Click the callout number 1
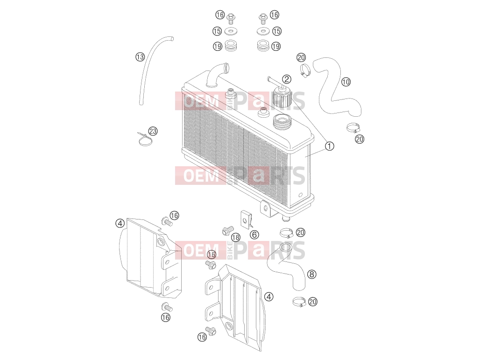point(329,146)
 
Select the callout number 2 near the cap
point(287,79)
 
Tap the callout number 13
point(140,57)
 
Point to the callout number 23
point(153,131)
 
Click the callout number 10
point(346,82)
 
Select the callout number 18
point(235,238)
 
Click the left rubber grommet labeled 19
point(231,46)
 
